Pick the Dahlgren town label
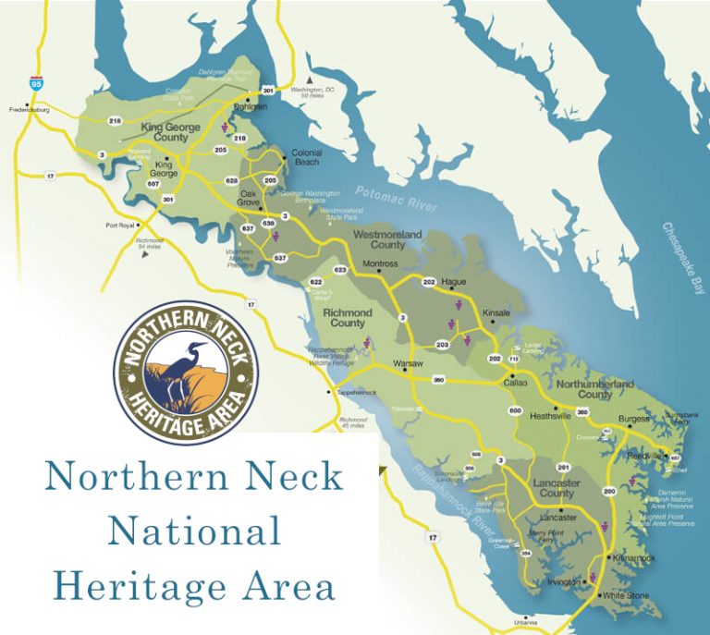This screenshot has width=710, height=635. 250,107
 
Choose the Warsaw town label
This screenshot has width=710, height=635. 408,362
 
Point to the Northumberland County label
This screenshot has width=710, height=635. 594,388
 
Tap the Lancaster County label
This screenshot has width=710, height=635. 554,488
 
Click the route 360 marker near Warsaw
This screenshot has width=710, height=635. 439,380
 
